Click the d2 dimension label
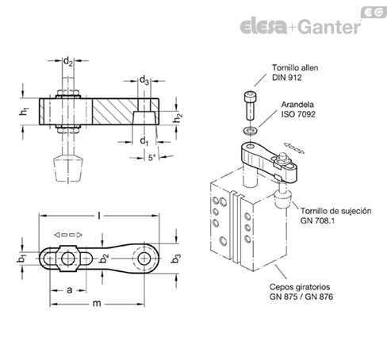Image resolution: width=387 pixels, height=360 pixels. pos(68,62)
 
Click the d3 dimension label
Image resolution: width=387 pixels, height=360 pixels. pos(144,80)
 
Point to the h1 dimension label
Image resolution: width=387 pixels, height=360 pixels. pos(24,111)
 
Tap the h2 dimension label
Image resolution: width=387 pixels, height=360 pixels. pos(178,118)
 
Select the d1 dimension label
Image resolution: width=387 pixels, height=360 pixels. pos(144,141)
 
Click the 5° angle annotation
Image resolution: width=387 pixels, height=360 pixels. pos(151,158)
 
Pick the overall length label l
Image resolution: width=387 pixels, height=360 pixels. pos(99,216)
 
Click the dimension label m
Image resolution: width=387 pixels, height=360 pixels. pos(97,304)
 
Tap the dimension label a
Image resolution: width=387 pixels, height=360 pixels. pos(69,290)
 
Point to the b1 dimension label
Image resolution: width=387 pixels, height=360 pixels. pos(21,259)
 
